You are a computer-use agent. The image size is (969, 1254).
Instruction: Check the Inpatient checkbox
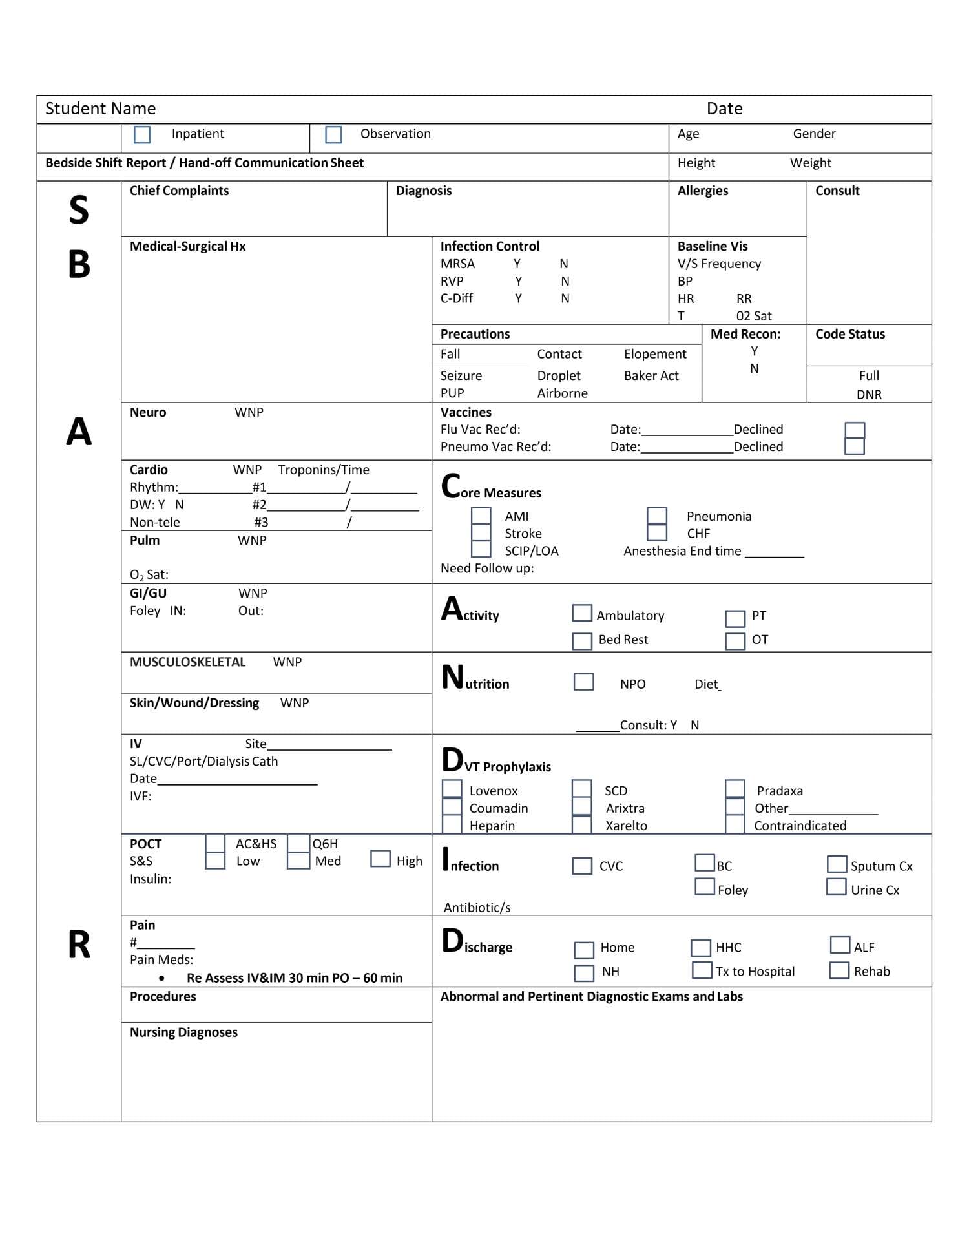[142, 134]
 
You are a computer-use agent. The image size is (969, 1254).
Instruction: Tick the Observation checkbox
[333, 134]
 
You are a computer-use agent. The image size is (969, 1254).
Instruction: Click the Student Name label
[100, 109]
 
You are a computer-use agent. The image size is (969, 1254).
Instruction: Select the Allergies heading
[702, 191]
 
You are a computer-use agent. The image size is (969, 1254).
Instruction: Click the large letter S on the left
[79, 210]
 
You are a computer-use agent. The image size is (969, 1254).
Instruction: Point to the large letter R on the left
[79, 945]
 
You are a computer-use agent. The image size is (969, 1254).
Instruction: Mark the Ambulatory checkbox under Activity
[582, 613]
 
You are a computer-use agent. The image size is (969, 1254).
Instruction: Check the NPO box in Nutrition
[583, 682]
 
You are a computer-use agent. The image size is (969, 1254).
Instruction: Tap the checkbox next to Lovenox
[452, 789]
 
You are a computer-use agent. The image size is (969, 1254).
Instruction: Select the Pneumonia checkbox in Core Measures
[657, 516]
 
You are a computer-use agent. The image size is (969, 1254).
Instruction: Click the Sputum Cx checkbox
[837, 864]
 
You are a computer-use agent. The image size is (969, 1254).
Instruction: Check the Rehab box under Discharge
[839, 970]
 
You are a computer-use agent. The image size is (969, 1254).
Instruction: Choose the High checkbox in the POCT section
[380, 859]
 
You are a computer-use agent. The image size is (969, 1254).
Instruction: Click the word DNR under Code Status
[869, 394]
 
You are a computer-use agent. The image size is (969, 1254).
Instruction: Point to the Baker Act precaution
[651, 375]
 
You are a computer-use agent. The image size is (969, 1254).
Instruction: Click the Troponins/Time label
[324, 470]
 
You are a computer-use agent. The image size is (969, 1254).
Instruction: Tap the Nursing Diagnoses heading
[183, 1032]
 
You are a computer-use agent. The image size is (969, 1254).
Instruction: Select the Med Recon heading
[745, 334]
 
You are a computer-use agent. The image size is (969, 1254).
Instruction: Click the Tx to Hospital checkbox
[702, 970]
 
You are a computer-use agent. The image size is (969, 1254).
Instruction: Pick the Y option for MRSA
[517, 264]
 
